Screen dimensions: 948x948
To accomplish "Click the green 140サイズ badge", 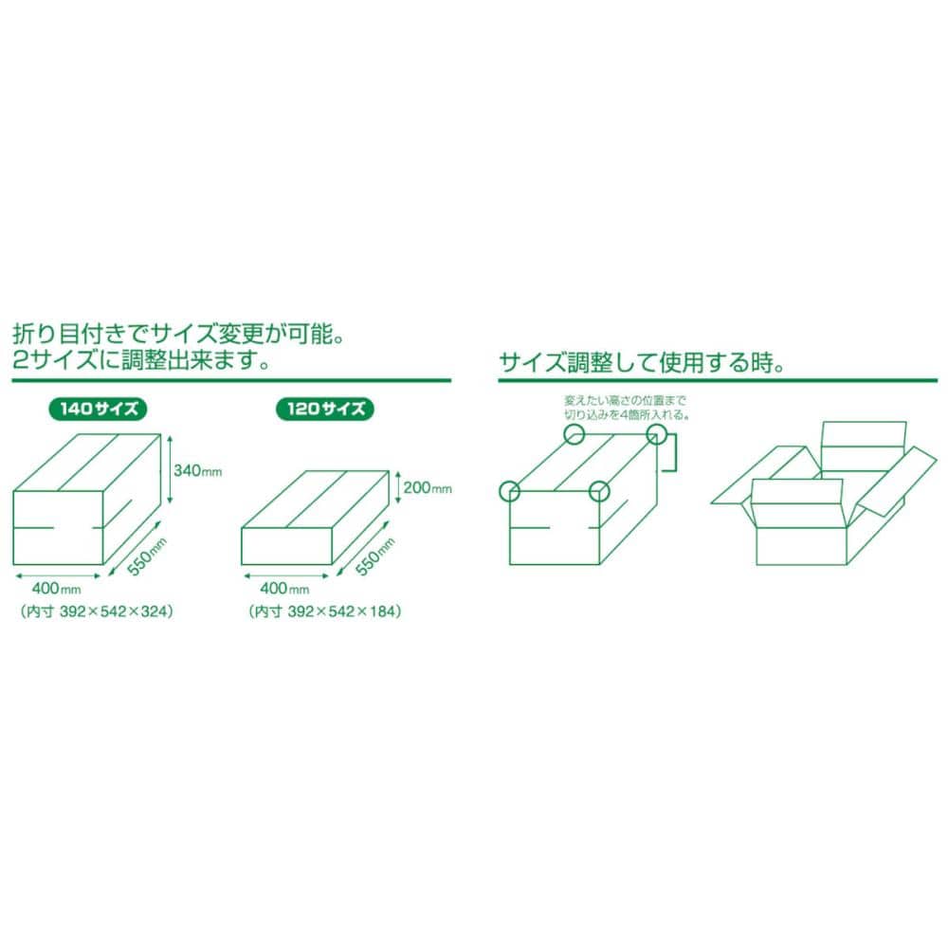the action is pos(98,409).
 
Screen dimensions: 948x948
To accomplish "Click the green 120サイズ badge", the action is pos(325,409).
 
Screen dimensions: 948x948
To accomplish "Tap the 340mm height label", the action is pos(198,470).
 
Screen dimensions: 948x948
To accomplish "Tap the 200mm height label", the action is pos(428,487).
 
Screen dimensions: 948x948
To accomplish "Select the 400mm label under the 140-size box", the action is pos(56,588).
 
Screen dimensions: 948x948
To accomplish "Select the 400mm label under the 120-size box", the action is pos(284,588).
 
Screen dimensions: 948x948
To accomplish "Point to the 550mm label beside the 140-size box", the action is pos(146,556).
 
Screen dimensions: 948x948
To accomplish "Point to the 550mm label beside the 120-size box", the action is pos(374,556).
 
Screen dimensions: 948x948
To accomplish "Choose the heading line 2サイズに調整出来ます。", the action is pos(141,361).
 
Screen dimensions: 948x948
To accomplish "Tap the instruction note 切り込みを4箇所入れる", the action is pos(628,415).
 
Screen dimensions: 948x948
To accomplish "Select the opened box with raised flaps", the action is pos(824,494).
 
